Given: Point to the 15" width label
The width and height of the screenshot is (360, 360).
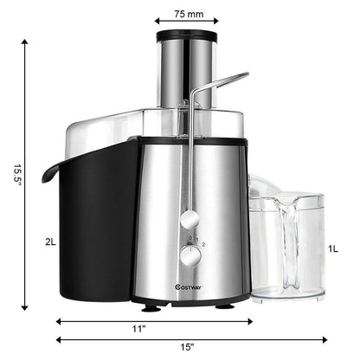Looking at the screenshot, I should [x=190, y=348].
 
